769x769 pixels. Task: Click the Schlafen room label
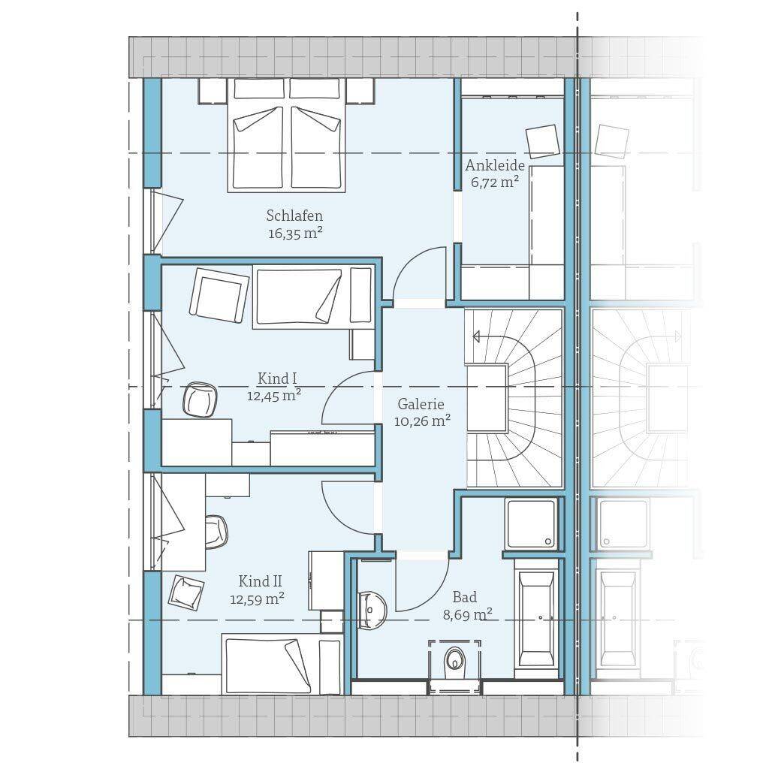(x=294, y=216)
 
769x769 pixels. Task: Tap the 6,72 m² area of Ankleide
(x=495, y=182)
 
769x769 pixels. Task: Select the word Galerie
(x=421, y=404)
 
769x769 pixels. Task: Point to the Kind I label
(x=277, y=378)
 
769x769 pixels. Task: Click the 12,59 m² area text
(x=257, y=599)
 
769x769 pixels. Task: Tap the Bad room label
(x=464, y=597)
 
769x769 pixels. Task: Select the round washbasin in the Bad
(x=371, y=610)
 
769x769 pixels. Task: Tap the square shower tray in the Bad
(x=532, y=523)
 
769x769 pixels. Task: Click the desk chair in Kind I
(x=200, y=400)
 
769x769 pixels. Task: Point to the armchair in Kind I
(x=219, y=294)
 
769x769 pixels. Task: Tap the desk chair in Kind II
(x=216, y=532)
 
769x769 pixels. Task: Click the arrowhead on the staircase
(x=475, y=336)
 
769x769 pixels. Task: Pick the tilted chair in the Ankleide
(x=542, y=142)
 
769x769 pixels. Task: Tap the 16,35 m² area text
(x=294, y=233)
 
